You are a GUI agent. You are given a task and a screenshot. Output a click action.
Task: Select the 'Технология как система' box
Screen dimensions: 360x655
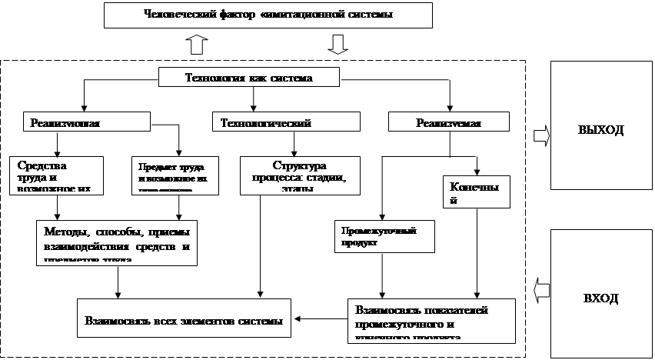(250, 78)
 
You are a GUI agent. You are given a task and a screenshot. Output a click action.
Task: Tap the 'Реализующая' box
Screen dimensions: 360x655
(85, 122)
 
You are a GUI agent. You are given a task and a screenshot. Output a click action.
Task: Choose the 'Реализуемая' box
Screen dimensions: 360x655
(448, 122)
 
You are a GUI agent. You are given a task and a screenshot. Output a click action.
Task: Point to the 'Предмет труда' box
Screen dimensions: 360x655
(178, 175)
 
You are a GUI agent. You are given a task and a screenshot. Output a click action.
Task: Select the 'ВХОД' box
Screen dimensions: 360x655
(600, 296)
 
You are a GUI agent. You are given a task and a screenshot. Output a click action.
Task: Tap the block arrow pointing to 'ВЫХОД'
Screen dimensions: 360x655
(541, 135)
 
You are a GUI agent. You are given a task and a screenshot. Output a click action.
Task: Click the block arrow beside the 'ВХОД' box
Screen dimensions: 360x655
(541, 290)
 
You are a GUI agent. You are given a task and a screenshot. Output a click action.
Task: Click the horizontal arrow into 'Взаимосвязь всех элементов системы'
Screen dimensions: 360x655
(321, 318)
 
